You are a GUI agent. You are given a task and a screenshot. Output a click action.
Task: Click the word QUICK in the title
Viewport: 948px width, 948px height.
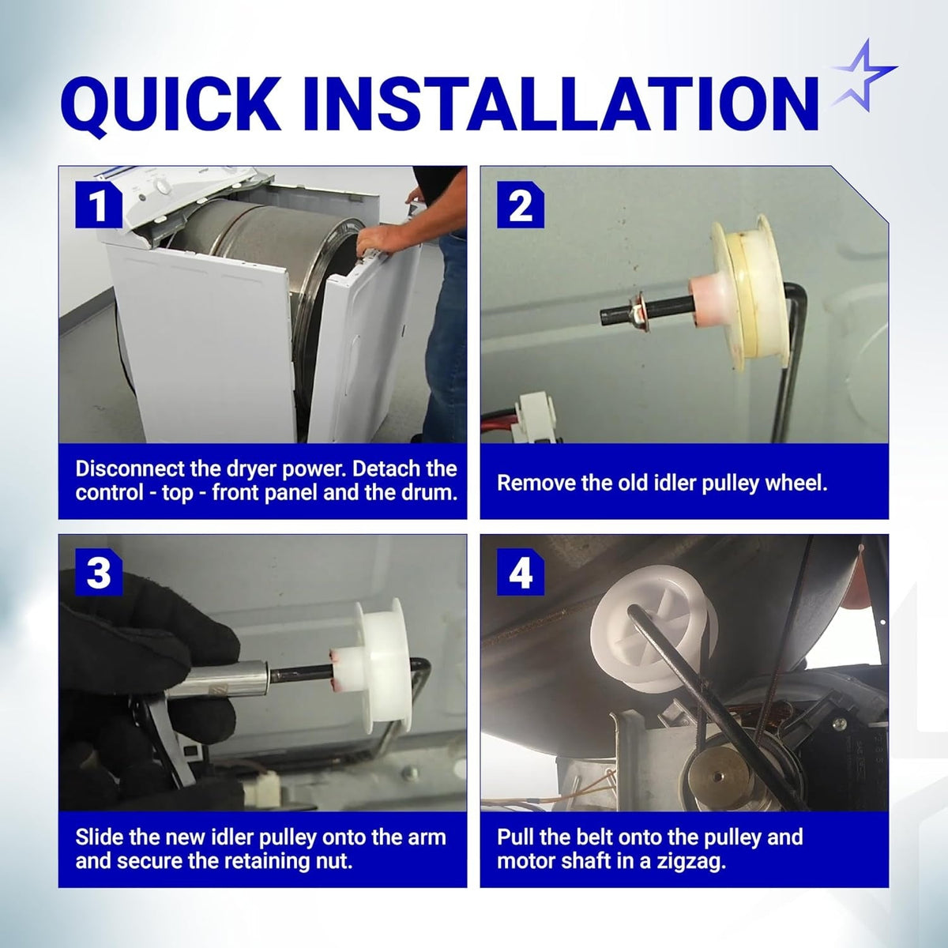click(167, 106)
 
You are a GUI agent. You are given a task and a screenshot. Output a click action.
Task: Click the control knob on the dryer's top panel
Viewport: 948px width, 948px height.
click(163, 186)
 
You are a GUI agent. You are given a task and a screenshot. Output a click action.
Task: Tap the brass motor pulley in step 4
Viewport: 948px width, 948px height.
click(719, 777)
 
